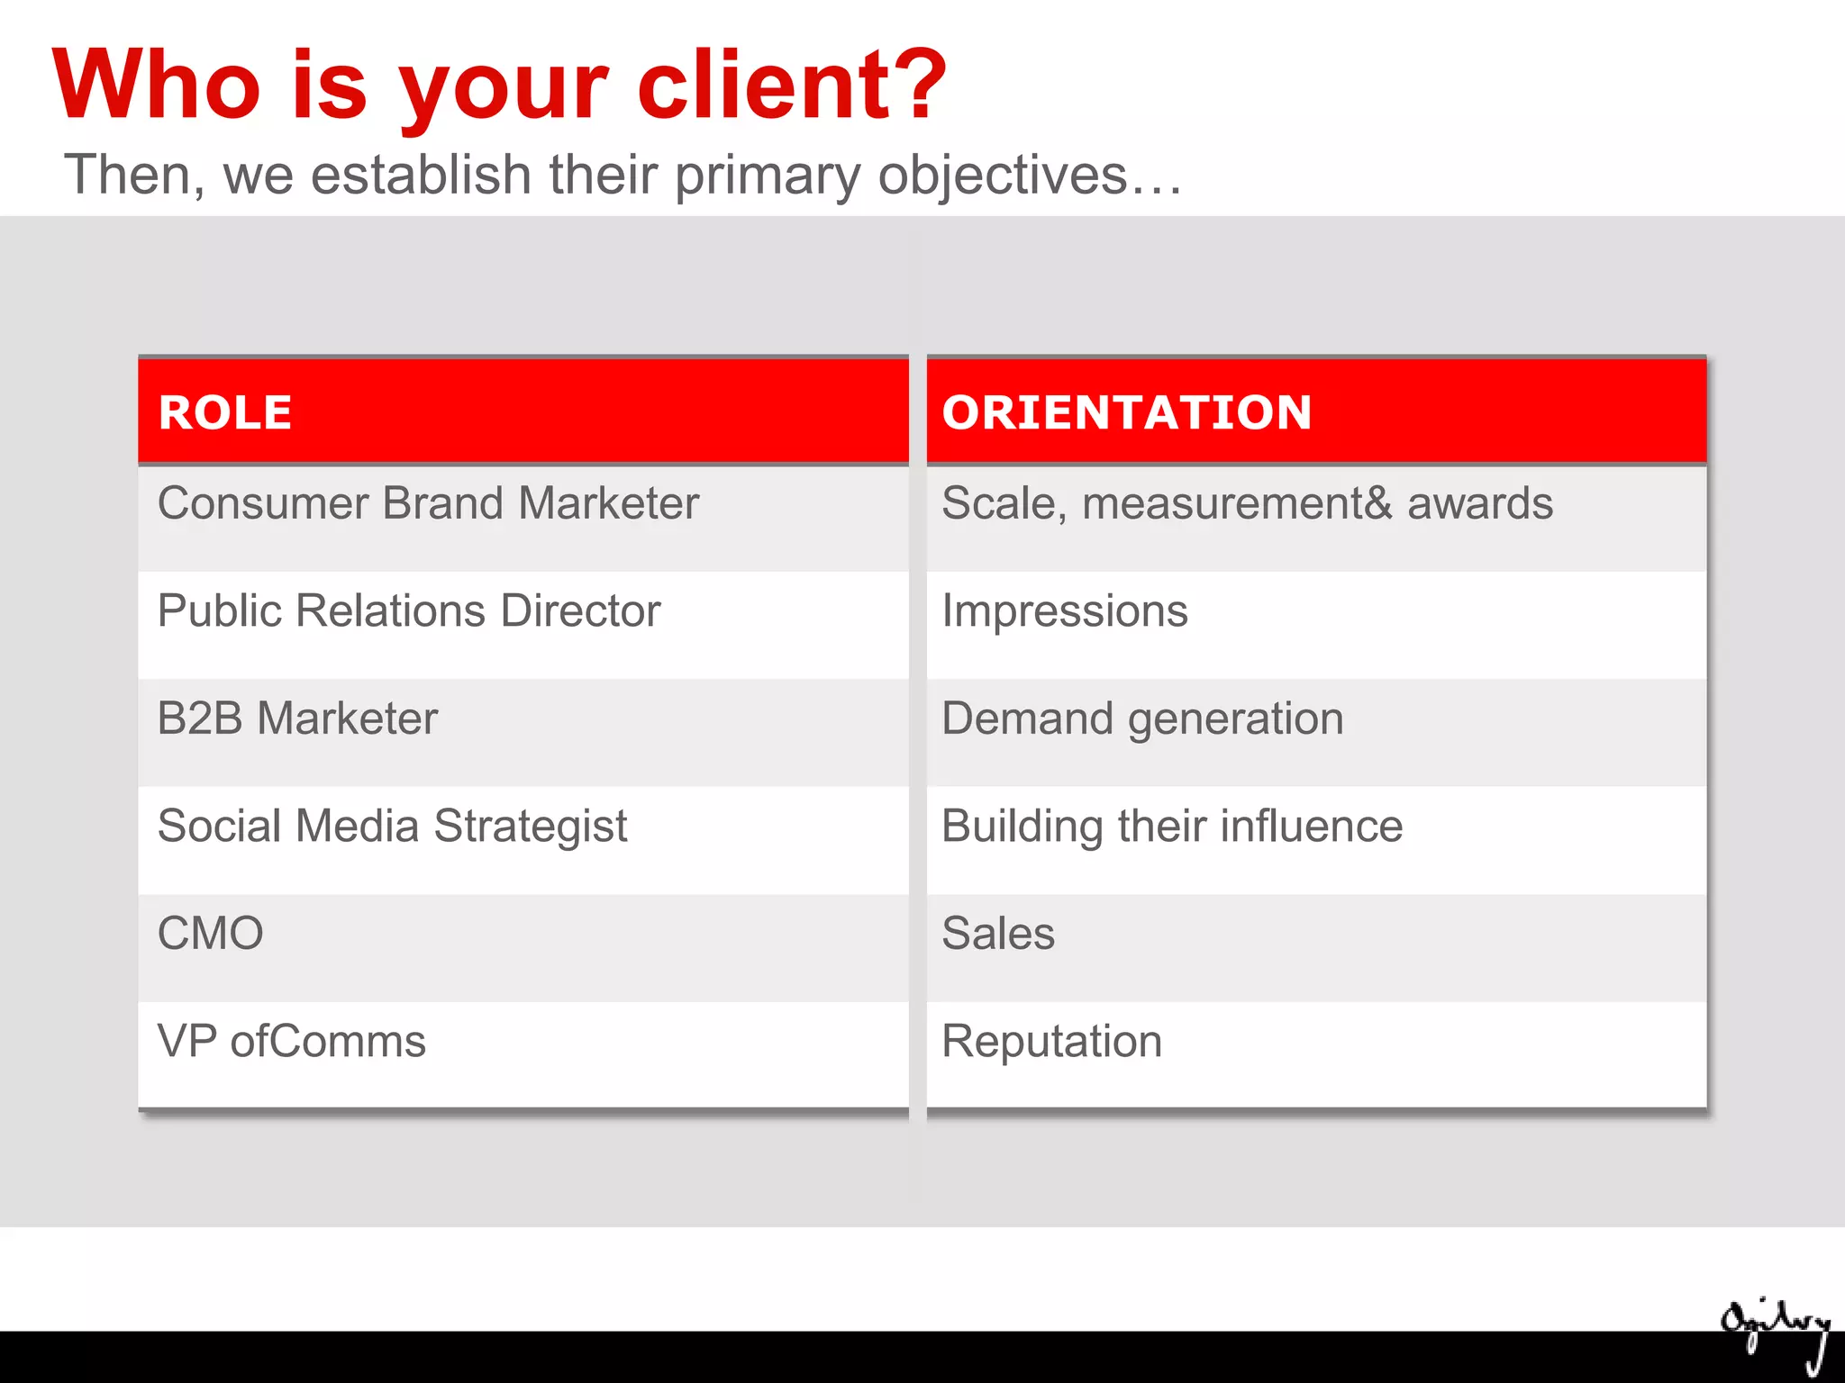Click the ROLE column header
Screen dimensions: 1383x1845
pyautogui.click(x=225, y=413)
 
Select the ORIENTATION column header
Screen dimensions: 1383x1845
pyautogui.click(x=1126, y=413)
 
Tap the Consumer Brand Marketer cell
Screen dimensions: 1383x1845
pyautogui.click(x=428, y=503)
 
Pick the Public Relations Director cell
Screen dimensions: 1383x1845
pyautogui.click(x=409, y=611)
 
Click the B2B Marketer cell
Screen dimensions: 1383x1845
pyautogui.click(x=297, y=719)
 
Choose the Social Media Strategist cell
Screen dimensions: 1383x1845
pyautogui.click(x=392, y=827)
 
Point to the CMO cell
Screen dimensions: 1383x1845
pyautogui.click(x=210, y=934)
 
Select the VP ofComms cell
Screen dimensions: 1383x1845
pyautogui.click(x=291, y=1042)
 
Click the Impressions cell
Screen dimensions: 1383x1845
pyautogui.click(x=1065, y=611)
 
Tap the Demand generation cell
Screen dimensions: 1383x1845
pyautogui.click(x=1142, y=719)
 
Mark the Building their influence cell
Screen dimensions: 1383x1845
pyautogui.click(x=1172, y=827)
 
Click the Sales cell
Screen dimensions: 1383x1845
pyautogui.click(x=998, y=934)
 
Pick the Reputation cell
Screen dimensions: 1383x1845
pyautogui.click(x=1051, y=1042)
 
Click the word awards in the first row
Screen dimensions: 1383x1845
pyautogui.click(x=1479, y=503)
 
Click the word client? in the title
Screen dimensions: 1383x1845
pyautogui.click(x=792, y=86)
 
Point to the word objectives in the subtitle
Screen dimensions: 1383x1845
pyautogui.click(x=1003, y=175)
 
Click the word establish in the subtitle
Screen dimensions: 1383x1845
pyautogui.click(x=421, y=175)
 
